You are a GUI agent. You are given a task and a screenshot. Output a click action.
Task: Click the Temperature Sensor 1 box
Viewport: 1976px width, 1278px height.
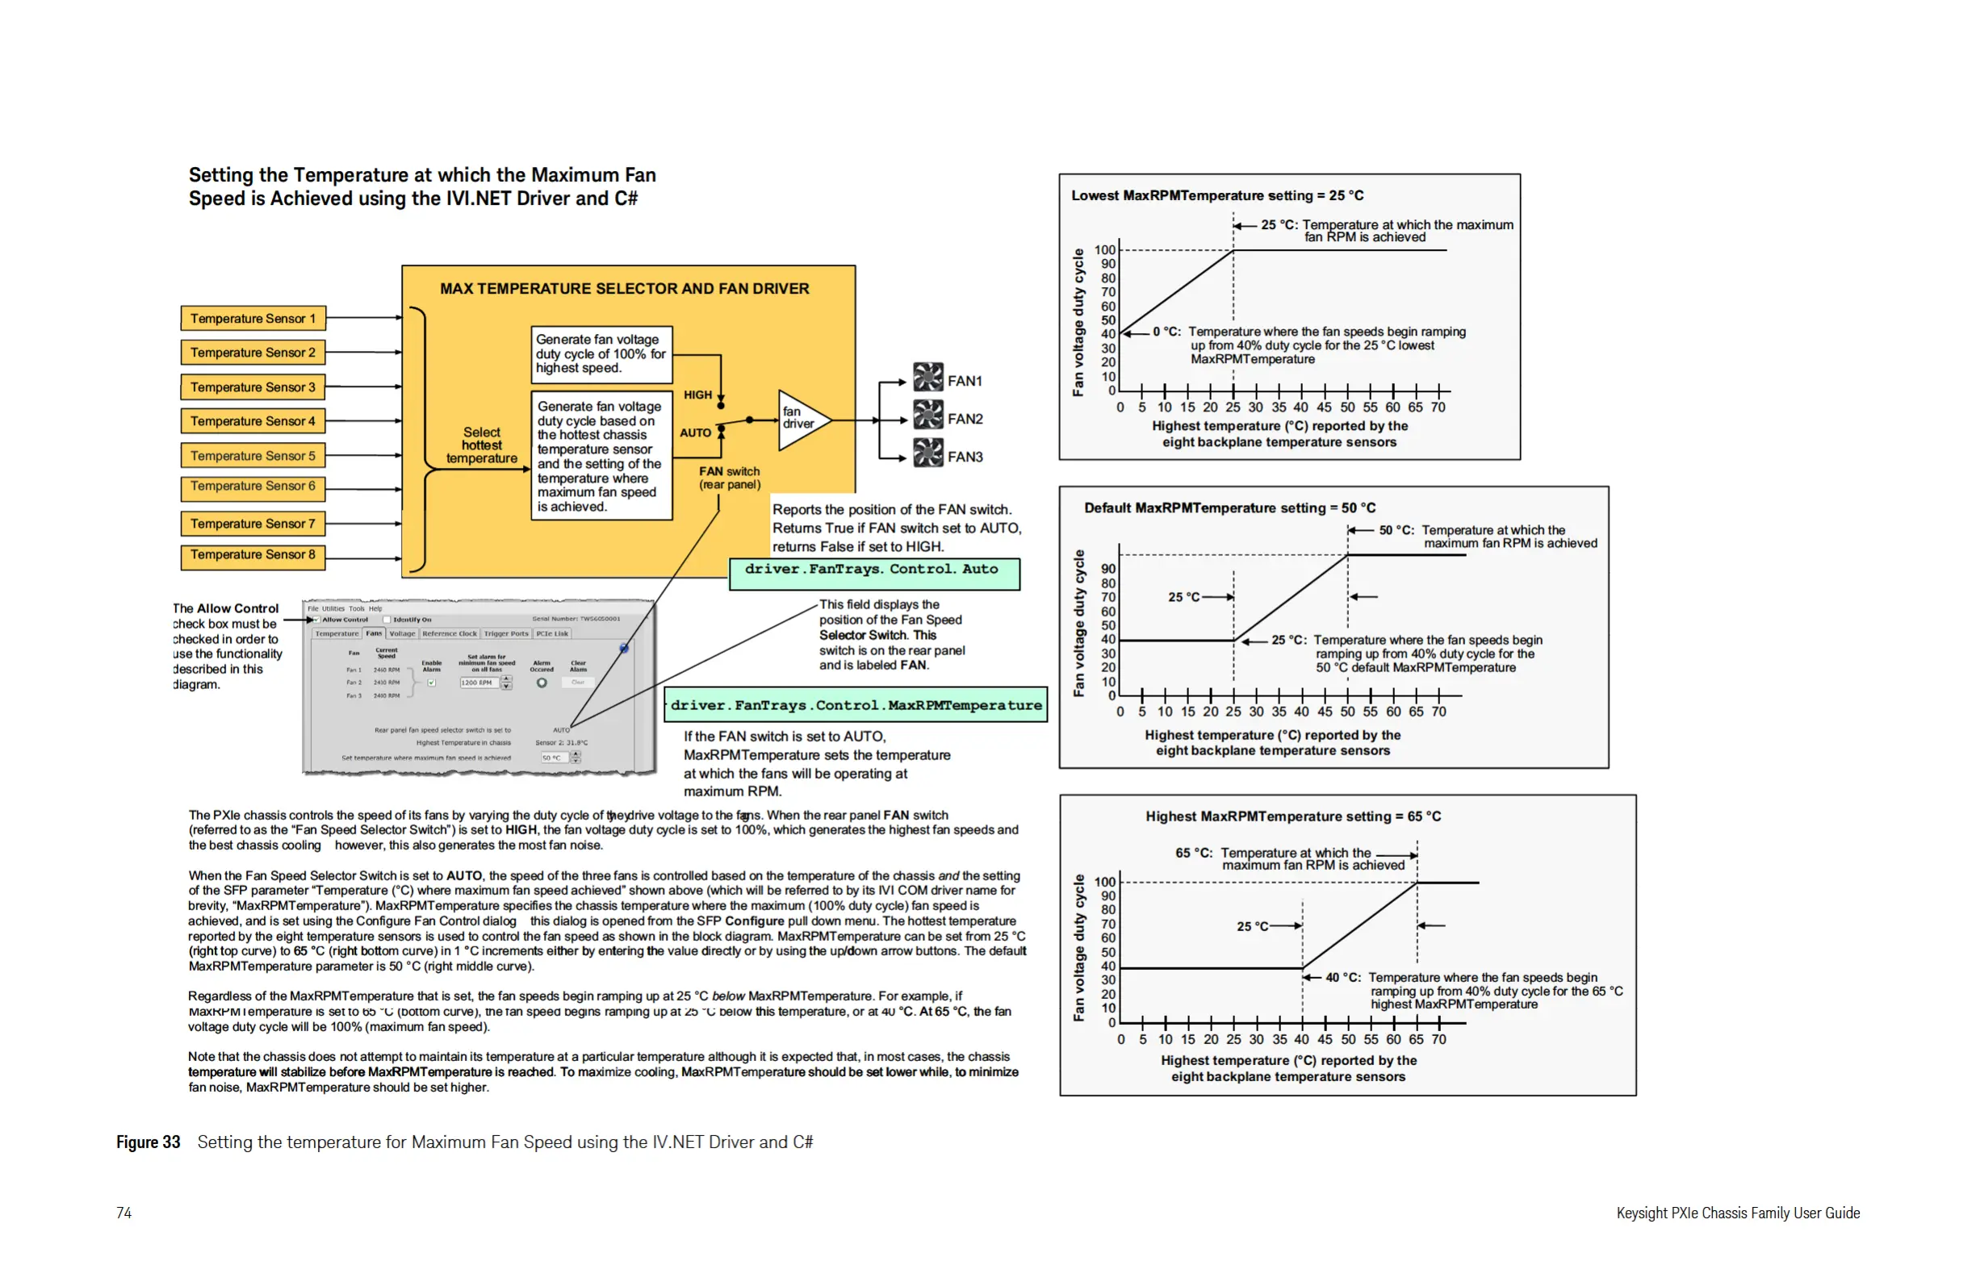tap(253, 319)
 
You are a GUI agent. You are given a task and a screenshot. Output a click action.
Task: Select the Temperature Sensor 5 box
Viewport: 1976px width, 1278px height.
tap(253, 456)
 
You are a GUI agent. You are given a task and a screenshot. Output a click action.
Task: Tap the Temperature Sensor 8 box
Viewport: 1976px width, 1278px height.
tap(253, 555)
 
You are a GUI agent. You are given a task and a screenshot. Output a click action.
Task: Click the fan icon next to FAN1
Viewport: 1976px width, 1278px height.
tap(928, 378)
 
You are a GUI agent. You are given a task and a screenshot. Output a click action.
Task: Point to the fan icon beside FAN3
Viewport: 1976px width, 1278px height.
tap(928, 454)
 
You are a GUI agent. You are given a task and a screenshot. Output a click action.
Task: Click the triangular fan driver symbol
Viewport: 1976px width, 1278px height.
tap(802, 420)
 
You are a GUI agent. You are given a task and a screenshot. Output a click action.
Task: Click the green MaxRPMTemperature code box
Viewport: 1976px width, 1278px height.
tap(856, 705)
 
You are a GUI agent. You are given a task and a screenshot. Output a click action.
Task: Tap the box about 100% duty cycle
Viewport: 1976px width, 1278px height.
tap(601, 354)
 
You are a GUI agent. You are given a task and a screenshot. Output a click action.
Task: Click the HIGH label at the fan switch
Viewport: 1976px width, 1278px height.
tap(697, 395)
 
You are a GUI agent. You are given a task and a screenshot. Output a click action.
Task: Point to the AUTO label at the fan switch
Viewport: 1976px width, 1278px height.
tap(695, 433)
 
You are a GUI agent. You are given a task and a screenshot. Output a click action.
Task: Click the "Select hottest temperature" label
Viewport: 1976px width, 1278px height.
tap(482, 445)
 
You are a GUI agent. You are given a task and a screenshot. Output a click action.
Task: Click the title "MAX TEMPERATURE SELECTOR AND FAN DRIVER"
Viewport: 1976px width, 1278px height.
tap(624, 289)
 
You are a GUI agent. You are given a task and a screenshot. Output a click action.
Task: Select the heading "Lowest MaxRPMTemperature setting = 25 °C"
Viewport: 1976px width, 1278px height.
tap(1217, 196)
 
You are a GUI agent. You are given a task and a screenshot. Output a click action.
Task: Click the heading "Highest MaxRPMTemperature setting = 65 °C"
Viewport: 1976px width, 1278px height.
tap(1292, 816)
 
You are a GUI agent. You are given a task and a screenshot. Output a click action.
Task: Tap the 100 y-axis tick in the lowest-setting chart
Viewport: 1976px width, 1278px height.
tap(1105, 250)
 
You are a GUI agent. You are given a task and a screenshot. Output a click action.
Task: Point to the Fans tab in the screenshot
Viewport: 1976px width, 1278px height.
tap(374, 633)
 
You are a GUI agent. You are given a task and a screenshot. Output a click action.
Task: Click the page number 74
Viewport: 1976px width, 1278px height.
tap(123, 1213)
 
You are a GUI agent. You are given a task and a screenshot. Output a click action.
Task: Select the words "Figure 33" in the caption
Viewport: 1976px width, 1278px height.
tap(148, 1142)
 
